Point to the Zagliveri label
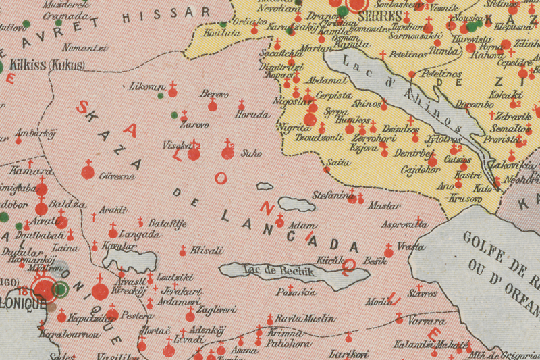click(217, 310)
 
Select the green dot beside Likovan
click(161, 95)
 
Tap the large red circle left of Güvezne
click(88, 172)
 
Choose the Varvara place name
click(427, 321)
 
